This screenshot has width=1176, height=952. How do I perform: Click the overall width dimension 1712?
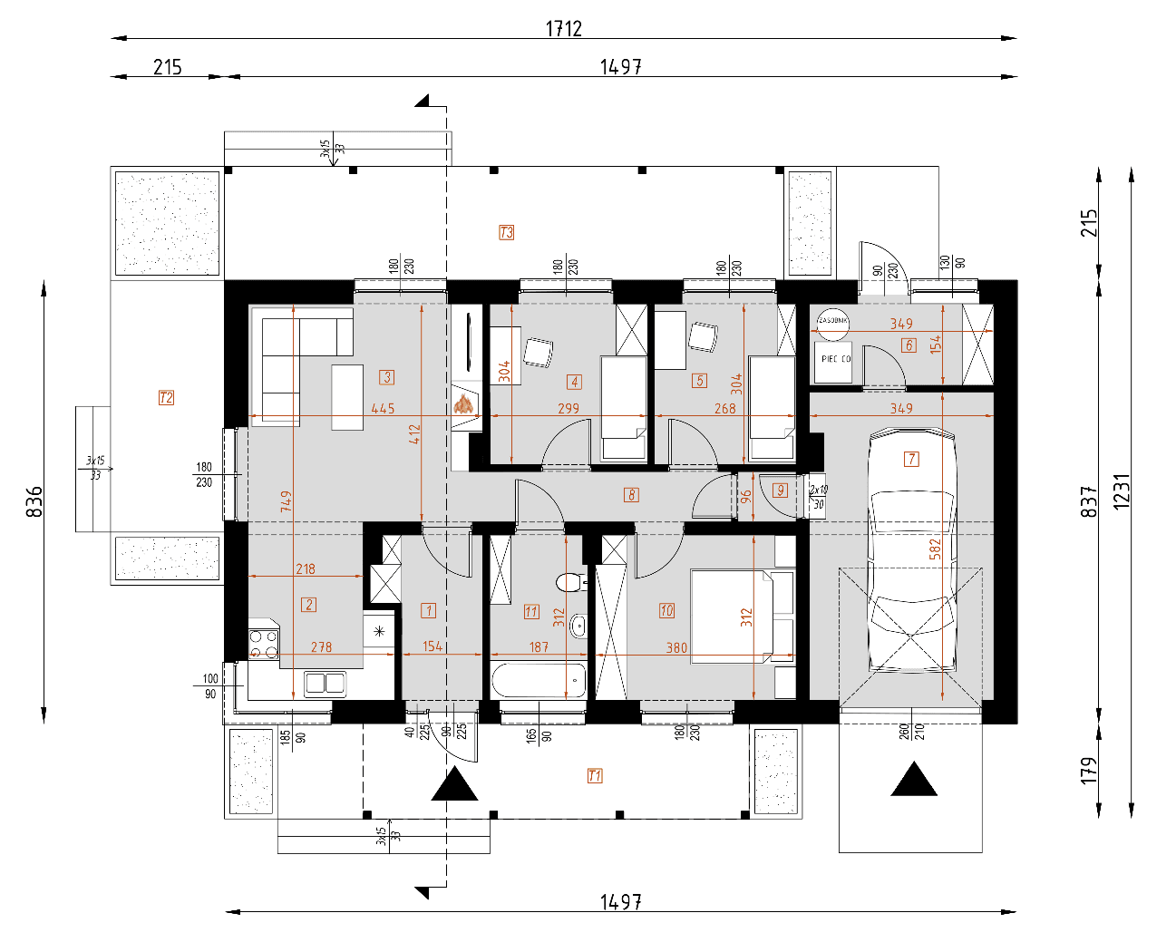tap(563, 29)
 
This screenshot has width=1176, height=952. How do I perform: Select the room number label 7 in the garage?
tap(911, 459)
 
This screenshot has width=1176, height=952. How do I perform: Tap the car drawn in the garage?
tap(911, 553)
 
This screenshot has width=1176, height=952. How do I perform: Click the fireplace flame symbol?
tap(464, 403)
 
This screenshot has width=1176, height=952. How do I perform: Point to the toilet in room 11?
tap(569, 582)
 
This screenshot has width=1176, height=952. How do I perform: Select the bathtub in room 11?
tap(539, 680)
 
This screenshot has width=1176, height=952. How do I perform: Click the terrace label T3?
tap(506, 233)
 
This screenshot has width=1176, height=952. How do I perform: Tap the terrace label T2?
tap(166, 397)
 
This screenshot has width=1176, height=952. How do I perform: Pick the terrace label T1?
tap(595, 775)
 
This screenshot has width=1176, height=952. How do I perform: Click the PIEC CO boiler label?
tap(835, 360)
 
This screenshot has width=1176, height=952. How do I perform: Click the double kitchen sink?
tap(325, 683)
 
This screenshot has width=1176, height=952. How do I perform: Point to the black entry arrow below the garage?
tap(914, 780)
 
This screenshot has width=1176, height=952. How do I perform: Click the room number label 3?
tap(387, 377)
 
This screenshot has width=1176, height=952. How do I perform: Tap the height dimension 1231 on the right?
tap(1122, 491)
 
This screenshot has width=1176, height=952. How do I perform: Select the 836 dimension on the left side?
tap(34, 501)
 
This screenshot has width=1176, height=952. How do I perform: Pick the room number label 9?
tap(780, 491)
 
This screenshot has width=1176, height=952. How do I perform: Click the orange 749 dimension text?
tap(287, 501)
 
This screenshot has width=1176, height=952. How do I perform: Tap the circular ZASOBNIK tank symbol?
tap(832, 321)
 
